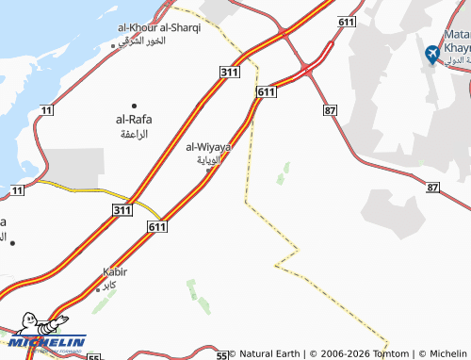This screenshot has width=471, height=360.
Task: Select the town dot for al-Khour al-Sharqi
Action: click(x=113, y=44)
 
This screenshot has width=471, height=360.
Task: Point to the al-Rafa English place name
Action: click(x=134, y=120)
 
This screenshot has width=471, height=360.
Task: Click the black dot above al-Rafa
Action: click(x=134, y=105)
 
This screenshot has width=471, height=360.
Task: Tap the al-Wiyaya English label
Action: click(x=208, y=146)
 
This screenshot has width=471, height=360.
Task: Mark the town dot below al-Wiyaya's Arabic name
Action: click(x=208, y=170)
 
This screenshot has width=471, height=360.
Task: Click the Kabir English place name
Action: click(x=115, y=272)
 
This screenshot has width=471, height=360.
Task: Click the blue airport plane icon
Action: click(x=433, y=55)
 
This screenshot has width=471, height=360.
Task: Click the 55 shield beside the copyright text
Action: click(x=221, y=354)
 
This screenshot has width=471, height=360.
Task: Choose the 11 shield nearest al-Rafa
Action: click(x=46, y=111)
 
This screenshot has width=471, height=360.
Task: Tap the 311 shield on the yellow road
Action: click(x=121, y=208)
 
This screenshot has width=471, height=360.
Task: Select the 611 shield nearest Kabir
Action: click(x=157, y=227)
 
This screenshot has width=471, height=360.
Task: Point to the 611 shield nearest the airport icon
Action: click(x=347, y=20)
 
